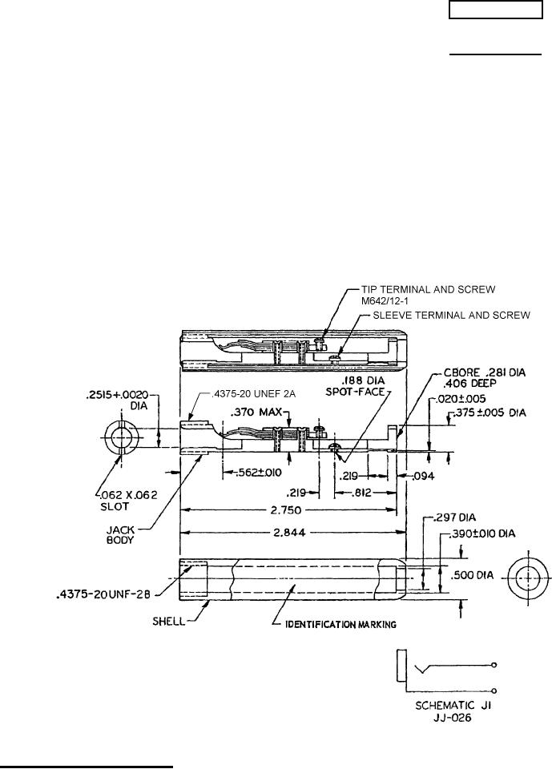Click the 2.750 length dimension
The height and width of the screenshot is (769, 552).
pyautogui.click(x=288, y=509)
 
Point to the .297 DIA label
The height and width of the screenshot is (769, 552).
pyautogui.click(x=456, y=517)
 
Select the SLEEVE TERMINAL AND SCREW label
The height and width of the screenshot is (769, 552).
pyautogui.click(x=451, y=316)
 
